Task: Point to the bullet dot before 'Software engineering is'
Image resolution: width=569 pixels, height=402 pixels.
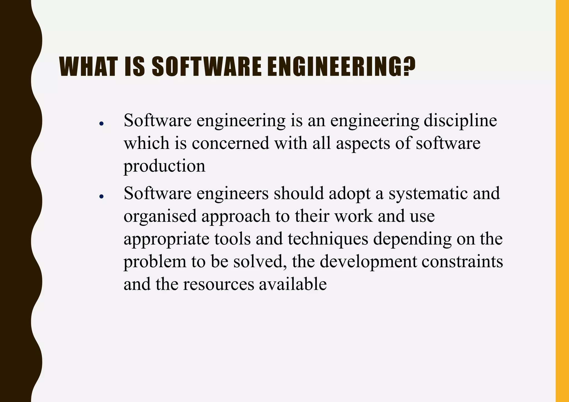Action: point(101,123)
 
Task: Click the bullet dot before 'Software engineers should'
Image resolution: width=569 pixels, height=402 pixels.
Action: point(101,196)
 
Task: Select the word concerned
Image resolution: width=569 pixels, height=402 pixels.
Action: point(230,143)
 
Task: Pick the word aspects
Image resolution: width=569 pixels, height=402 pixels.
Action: point(363,144)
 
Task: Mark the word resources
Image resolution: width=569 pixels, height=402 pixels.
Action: point(218,284)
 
